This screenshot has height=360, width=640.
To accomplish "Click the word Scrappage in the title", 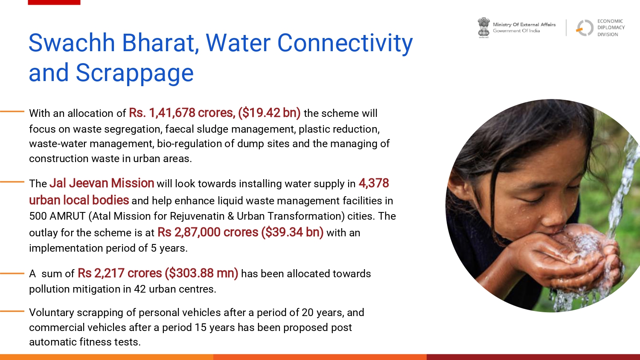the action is pyautogui.click(x=134, y=73).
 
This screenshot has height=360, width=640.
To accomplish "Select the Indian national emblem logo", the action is pyautogui.click(x=483, y=28).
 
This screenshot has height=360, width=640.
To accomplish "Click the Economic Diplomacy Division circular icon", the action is pyautogui.click(x=585, y=28).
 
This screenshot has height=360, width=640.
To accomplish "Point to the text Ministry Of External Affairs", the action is pyautogui.click(x=524, y=25).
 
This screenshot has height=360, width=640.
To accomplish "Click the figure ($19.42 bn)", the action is pyautogui.click(x=269, y=113).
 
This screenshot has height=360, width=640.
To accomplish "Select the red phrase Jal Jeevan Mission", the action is pyautogui.click(x=102, y=183).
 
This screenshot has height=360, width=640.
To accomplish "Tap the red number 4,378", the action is pyautogui.click(x=374, y=183).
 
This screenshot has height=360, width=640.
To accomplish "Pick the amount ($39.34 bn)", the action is pyautogui.click(x=292, y=232).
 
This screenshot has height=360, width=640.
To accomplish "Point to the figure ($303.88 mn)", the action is pyautogui.click(x=201, y=273).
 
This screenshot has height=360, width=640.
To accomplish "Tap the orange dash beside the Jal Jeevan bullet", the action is pyautogui.click(x=12, y=182).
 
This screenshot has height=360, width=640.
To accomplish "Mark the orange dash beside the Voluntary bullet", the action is pyautogui.click(x=12, y=311).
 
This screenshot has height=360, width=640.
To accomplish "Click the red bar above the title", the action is pyautogui.click(x=54, y=2).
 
